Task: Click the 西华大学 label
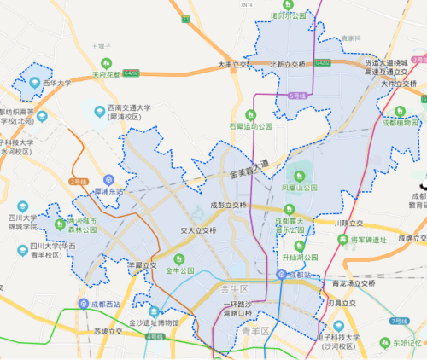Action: pyautogui.click(x=57, y=83)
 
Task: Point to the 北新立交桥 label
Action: pyautogui.click(x=287, y=64)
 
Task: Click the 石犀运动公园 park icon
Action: pyautogui.click(x=250, y=114)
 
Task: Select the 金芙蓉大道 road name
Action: pyautogui.click(x=249, y=168)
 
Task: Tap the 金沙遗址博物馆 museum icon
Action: pyautogui.click(x=154, y=311)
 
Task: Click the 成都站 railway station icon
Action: pyautogui.click(x=281, y=275)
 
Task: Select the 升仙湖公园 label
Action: pyautogui.click(x=301, y=257)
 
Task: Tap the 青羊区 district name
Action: pyautogui.click(x=255, y=330)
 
